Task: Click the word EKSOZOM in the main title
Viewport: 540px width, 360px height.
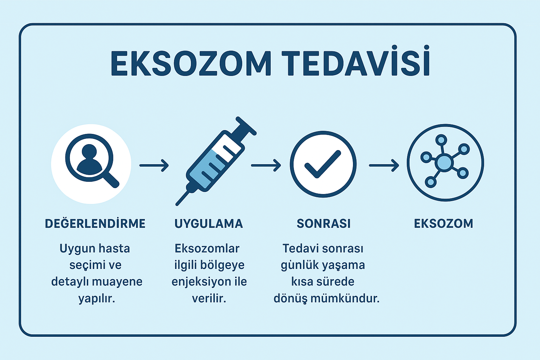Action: pyautogui.click(x=191, y=64)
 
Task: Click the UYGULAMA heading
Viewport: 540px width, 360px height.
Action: pyautogui.click(x=208, y=224)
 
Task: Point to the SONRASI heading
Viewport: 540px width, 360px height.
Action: pyautogui.click(x=323, y=224)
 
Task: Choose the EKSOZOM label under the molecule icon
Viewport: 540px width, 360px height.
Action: pyautogui.click(x=444, y=224)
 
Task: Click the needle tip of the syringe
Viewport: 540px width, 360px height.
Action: pyautogui.click(x=177, y=204)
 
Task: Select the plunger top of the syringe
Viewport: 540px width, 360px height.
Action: pyautogui.click(x=246, y=126)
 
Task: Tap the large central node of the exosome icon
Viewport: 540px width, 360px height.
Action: pyautogui.click(x=444, y=163)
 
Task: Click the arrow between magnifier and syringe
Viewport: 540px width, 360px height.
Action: pyautogui.click(x=154, y=166)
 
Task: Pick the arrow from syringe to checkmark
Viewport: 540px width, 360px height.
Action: pyautogui.click(x=266, y=166)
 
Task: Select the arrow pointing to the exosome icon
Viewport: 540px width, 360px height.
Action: pyautogui.click(x=384, y=166)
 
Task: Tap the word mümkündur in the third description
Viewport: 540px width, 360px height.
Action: pyautogui.click(x=345, y=298)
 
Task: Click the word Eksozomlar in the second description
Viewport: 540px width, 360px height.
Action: pyautogui.click(x=207, y=248)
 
